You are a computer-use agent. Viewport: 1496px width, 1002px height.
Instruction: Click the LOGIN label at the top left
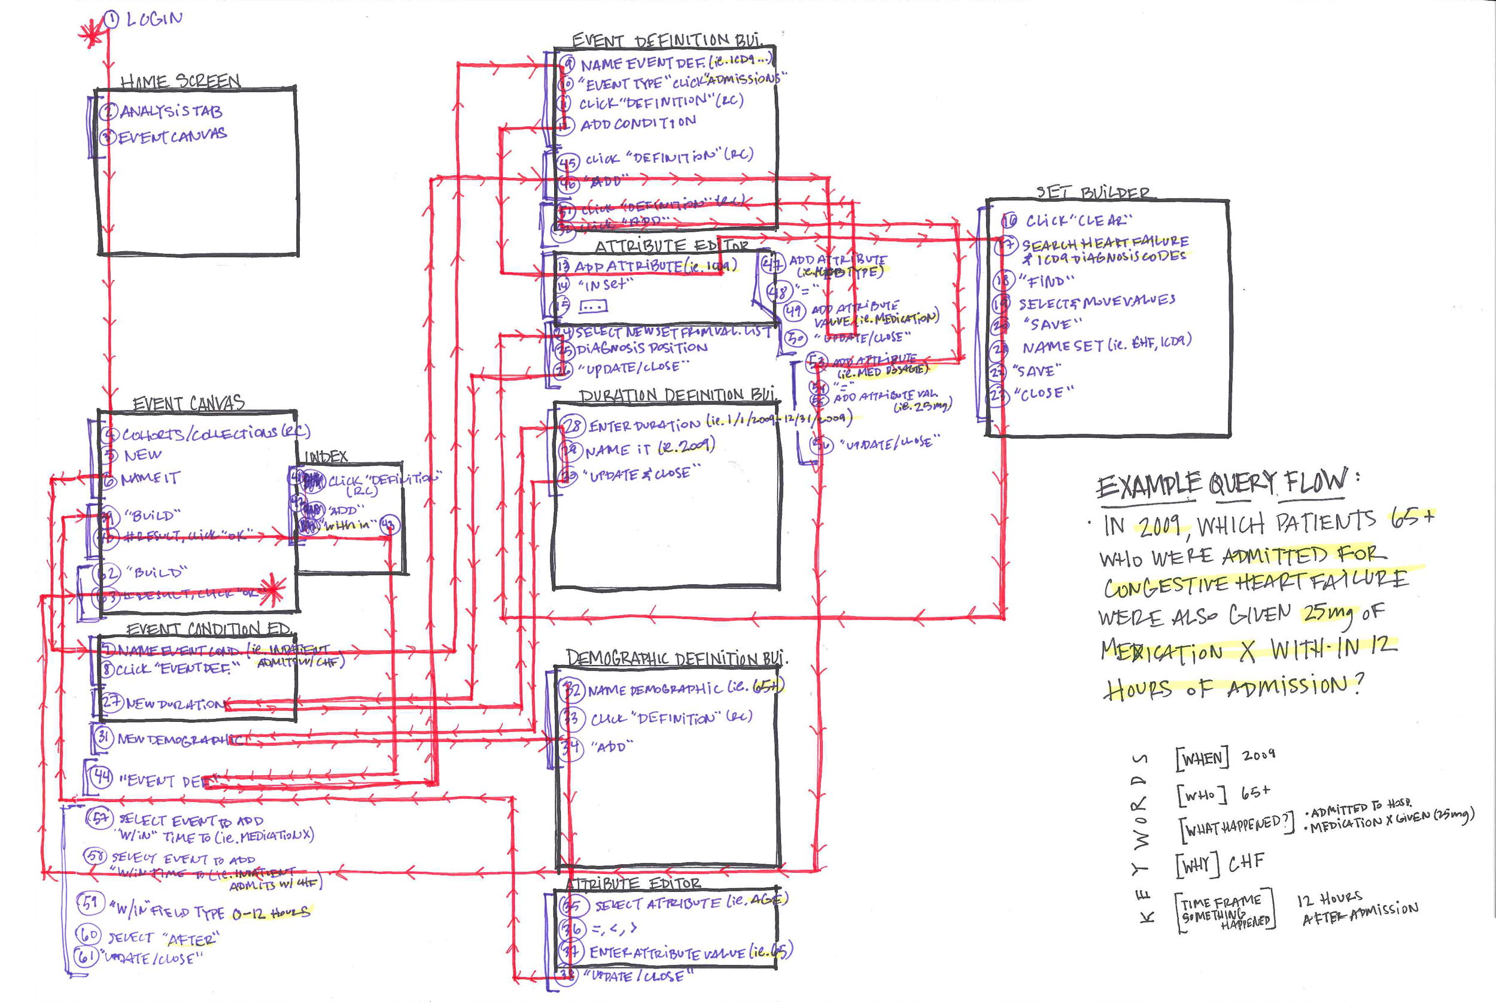[154, 19]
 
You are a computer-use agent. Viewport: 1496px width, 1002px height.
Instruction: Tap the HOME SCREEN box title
[181, 81]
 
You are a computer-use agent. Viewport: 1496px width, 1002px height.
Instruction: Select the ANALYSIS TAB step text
[171, 112]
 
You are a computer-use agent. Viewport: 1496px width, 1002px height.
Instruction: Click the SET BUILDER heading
[1092, 192]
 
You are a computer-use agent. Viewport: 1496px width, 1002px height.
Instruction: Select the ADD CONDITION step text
[637, 123]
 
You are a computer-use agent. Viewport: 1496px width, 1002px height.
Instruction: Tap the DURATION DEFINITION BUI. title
[677, 396]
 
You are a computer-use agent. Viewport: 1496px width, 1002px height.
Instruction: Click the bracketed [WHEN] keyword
[1202, 758]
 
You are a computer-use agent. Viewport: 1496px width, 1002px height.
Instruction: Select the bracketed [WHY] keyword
[1196, 866]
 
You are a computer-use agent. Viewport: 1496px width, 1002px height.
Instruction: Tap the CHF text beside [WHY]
[1246, 863]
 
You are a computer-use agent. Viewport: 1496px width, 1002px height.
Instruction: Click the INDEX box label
[326, 456]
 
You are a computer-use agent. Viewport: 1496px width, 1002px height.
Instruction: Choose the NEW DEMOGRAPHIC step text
[180, 739]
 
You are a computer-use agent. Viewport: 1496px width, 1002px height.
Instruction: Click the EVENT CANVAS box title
[188, 403]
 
